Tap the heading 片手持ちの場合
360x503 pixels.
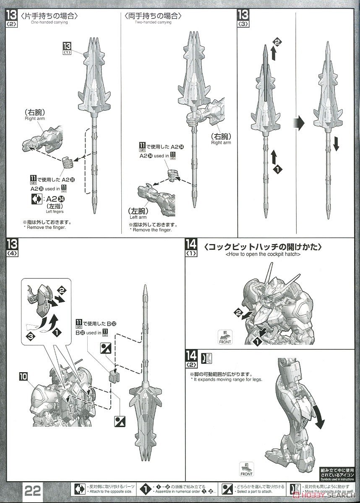[x=49, y=16]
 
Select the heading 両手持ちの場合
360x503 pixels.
[x=153, y=16]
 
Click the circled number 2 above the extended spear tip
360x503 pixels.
[x=277, y=41]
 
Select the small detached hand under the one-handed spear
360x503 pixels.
[x=68, y=161]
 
